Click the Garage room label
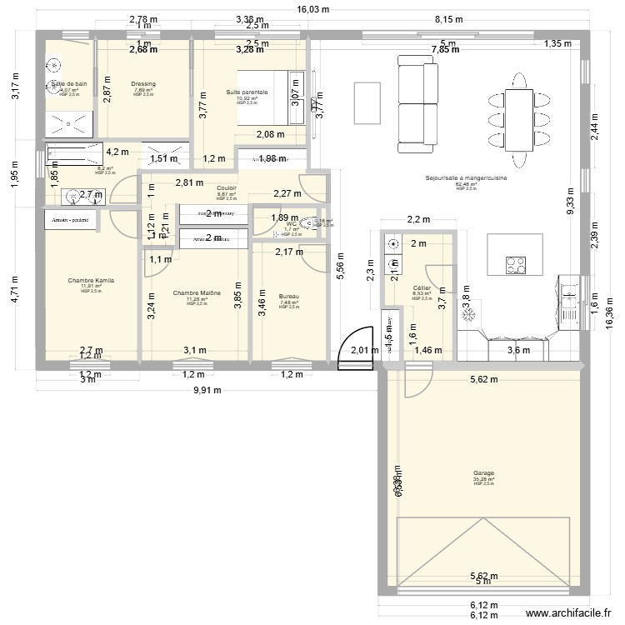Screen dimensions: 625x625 (x=483, y=473)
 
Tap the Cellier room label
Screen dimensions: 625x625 (x=422, y=287)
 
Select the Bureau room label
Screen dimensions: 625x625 (x=288, y=296)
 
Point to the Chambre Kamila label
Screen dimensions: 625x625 (x=91, y=281)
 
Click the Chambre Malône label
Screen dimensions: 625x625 (x=197, y=293)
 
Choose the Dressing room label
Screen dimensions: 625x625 (x=143, y=84)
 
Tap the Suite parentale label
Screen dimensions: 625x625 (x=247, y=92)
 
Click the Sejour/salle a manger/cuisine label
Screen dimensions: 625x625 (x=466, y=178)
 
